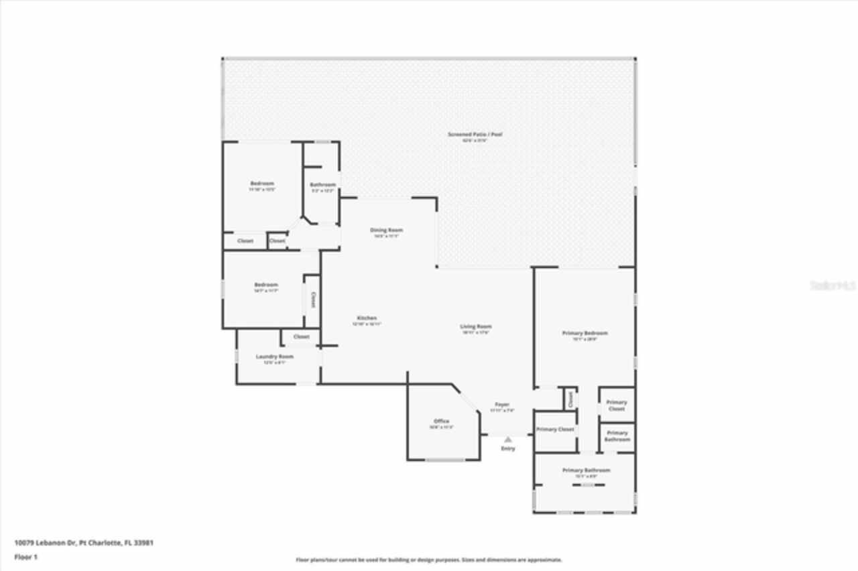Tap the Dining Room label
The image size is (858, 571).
pyautogui.click(x=386, y=231)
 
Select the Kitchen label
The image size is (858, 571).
pyautogui.click(x=367, y=318)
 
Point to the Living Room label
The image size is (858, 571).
pyautogui.click(x=476, y=327)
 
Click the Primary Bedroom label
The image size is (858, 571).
pyautogui.click(x=585, y=334)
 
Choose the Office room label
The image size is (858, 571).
pyautogui.click(x=441, y=422)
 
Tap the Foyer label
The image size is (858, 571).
pyautogui.click(x=502, y=405)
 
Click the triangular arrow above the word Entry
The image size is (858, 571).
pyautogui.click(x=508, y=440)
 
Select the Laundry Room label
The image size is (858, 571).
pyautogui.click(x=275, y=357)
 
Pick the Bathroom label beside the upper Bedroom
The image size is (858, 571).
pyautogui.click(x=322, y=185)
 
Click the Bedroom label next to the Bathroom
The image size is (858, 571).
pyautogui.click(x=262, y=184)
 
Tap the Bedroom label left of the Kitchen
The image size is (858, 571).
pyautogui.click(x=265, y=285)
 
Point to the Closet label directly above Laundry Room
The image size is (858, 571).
pyautogui.click(x=301, y=336)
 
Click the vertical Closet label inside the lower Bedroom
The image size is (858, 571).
pyautogui.click(x=312, y=300)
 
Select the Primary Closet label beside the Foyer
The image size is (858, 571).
pyautogui.click(x=556, y=430)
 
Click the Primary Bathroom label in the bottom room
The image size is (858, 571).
pyautogui.click(x=586, y=470)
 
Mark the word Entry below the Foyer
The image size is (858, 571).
pyautogui.click(x=508, y=448)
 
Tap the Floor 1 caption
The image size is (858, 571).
pyautogui.click(x=26, y=557)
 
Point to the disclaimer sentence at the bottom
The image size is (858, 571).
pyautogui.click(x=429, y=560)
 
